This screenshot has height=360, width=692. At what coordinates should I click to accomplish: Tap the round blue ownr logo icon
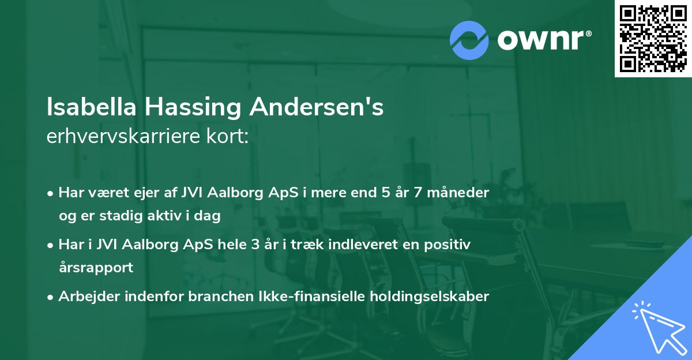[x=469, y=40]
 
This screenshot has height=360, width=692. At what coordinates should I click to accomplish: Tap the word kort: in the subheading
[x=230, y=137]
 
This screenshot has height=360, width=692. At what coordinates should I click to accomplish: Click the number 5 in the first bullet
[x=385, y=193]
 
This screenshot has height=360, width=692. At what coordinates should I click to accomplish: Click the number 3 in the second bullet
[x=257, y=245]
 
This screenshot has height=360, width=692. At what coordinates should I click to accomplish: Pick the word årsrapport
[x=96, y=268]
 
